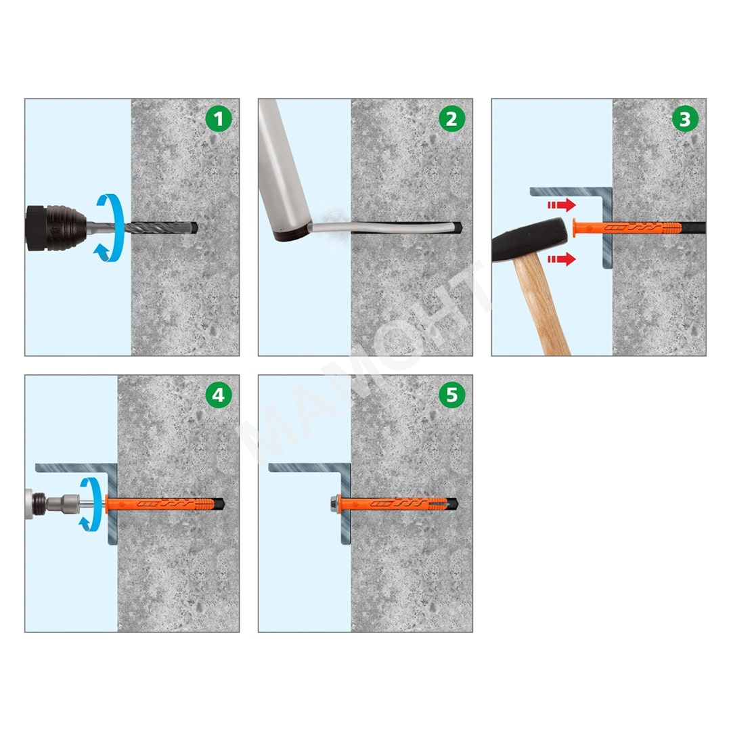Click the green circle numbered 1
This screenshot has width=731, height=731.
click(x=219, y=118)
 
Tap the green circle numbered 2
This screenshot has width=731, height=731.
click(x=451, y=118)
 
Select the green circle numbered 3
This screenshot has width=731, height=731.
click(x=685, y=118)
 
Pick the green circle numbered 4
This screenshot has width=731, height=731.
click(x=219, y=395)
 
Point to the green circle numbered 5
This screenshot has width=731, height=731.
click(x=451, y=395)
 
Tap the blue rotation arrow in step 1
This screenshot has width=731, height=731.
click(x=111, y=227)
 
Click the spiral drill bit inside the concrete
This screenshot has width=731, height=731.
click(x=163, y=227)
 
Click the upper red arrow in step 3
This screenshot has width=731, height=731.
click(x=561, y=204)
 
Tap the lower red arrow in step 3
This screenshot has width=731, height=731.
click(x=561, y=259)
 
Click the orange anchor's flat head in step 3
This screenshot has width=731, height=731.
click(x=575, y=227)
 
